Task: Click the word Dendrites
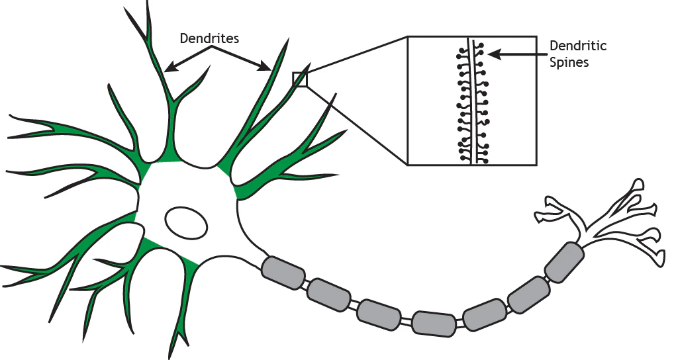tap(209, 38)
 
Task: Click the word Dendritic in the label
tap(578, 46)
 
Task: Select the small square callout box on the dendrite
tap(300, 79)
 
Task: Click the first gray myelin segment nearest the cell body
tap(283, 271)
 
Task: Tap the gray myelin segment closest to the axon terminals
tap(565, 261)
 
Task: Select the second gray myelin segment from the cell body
tap(328, 294)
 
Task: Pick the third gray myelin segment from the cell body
tap(379, 314)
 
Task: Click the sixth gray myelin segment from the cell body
tap(528, 292)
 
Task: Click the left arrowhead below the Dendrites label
tap(169, 67)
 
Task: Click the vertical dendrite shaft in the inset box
tap(471, 99)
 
